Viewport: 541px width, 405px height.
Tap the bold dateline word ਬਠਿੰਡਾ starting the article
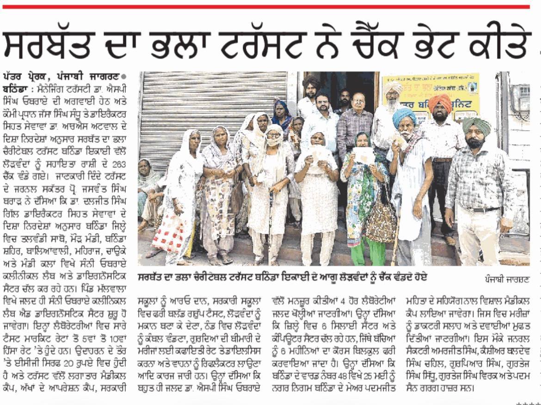pyautogui.click(x=14, y=87)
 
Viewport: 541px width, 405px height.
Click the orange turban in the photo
pyautogui.click(x=439, y=104)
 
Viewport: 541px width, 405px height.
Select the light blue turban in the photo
pyautogui.click(x=404, y=117)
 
